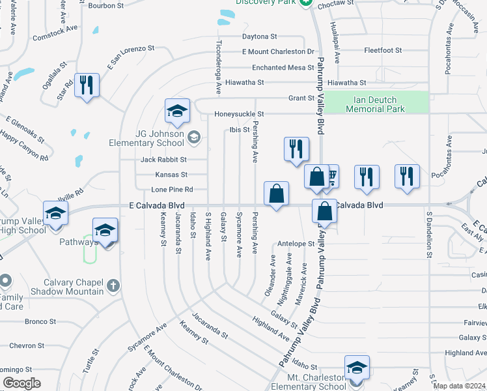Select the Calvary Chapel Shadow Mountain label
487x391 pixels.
click(x=74, y=287)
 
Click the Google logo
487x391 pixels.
click(x=21, y=383)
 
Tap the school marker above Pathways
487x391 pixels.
click(x=105, y=230)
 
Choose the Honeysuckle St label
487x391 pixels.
click(x=239, y=115)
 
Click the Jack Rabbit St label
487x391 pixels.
click(x=164, y=160)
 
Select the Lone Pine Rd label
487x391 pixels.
click(x=172, y=190)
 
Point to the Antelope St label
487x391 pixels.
click(x=296, y=244)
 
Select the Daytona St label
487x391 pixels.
click(x=260, y=36)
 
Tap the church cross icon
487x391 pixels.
click(x=113, y=285)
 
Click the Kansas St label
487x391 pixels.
click(x=171, y=175)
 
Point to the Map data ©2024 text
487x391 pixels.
click(x=459, y=386)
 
